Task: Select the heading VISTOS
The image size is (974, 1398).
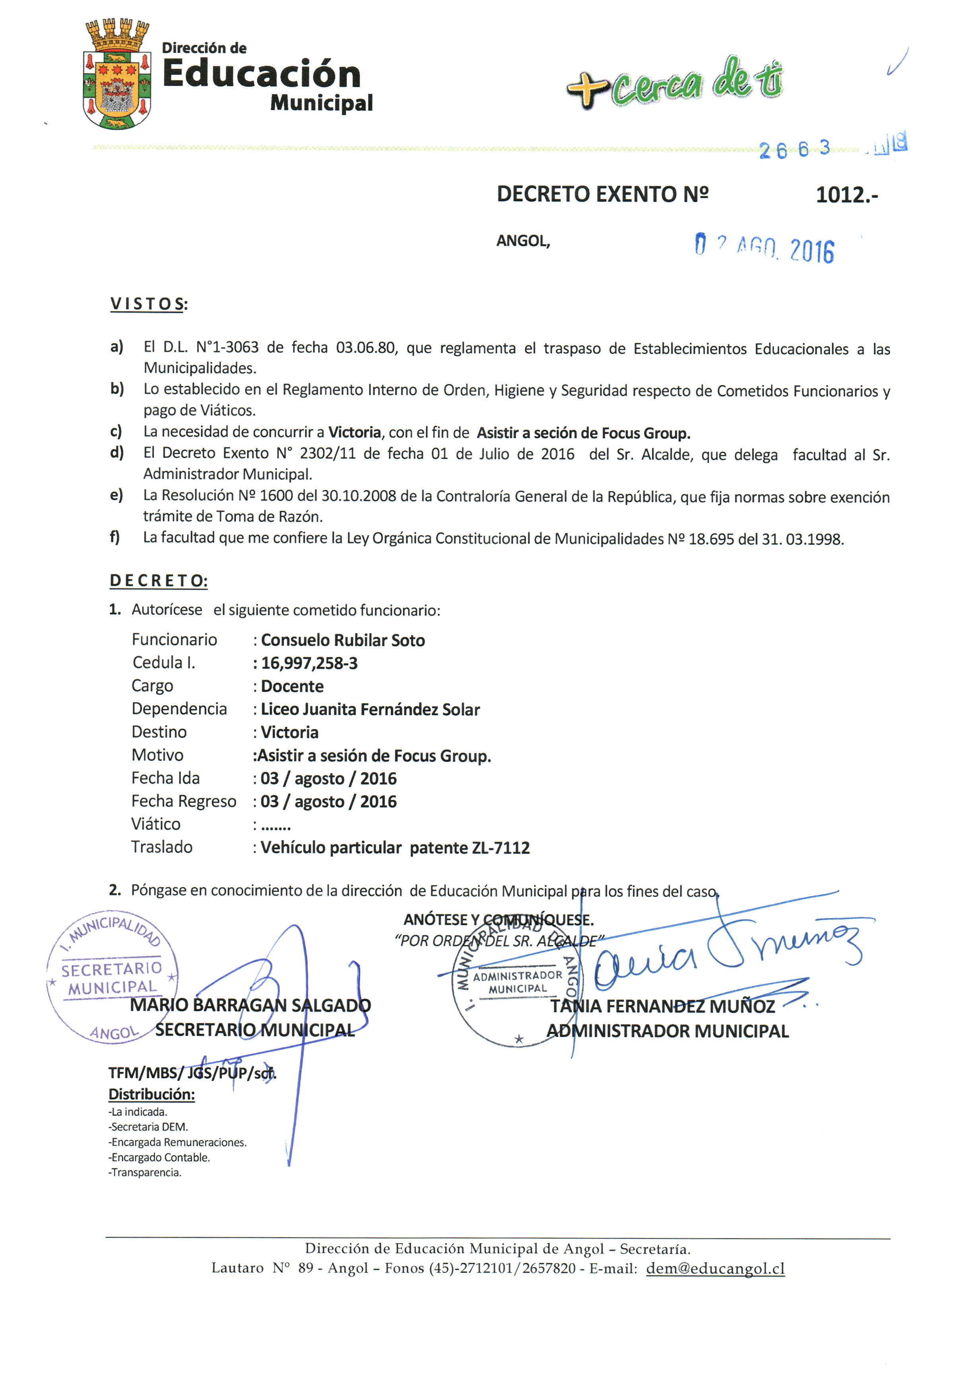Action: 148,304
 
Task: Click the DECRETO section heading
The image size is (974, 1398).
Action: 158,580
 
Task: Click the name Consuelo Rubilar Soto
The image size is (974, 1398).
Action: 343,640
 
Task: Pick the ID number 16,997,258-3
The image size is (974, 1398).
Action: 309,663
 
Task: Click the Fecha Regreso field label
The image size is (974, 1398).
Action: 183,801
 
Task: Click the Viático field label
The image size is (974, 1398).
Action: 156,824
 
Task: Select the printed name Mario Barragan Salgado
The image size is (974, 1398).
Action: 250,1005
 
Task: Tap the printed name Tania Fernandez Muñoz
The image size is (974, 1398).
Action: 662,1006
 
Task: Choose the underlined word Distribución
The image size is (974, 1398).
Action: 151,1094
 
